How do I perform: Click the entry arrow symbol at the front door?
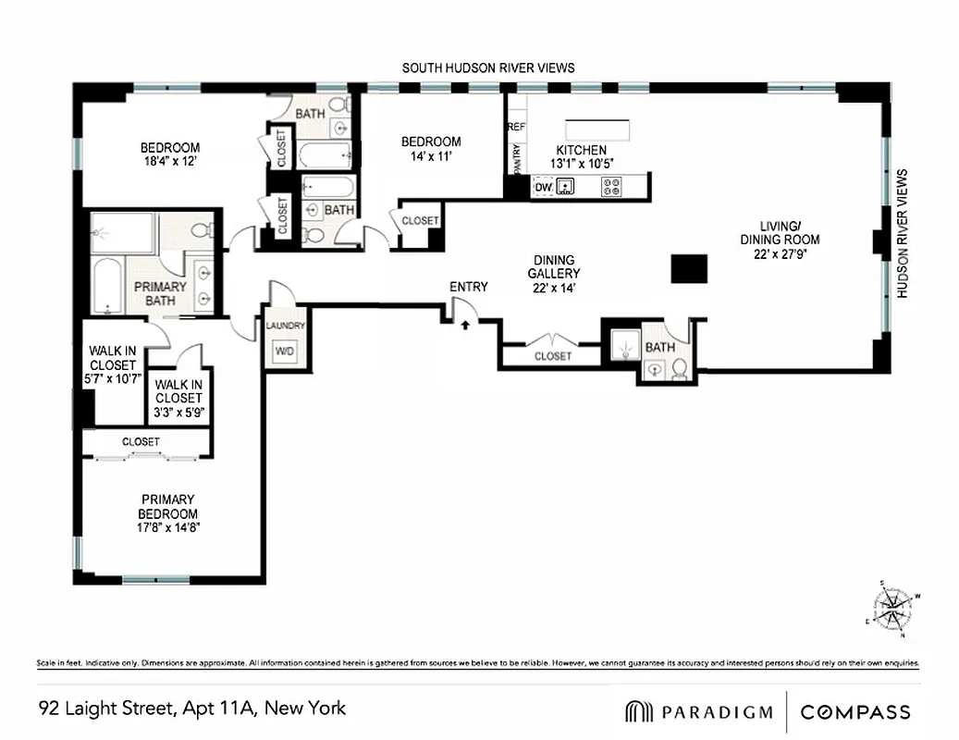click(465, 324)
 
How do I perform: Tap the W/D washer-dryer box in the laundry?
click(281, 351)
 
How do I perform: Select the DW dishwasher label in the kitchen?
click(543, 188)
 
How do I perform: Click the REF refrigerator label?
click(516, 125)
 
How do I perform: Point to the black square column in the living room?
click(689, 268)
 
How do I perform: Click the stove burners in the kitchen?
click(611, 188)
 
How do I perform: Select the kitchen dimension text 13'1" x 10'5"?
click(581, 165)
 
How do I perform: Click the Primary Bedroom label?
click(168, 507)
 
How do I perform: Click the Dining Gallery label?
click(554, 267)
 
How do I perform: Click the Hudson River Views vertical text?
click(904, 233)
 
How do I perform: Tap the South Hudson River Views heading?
click(488, 68)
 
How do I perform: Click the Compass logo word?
click(855, 712)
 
